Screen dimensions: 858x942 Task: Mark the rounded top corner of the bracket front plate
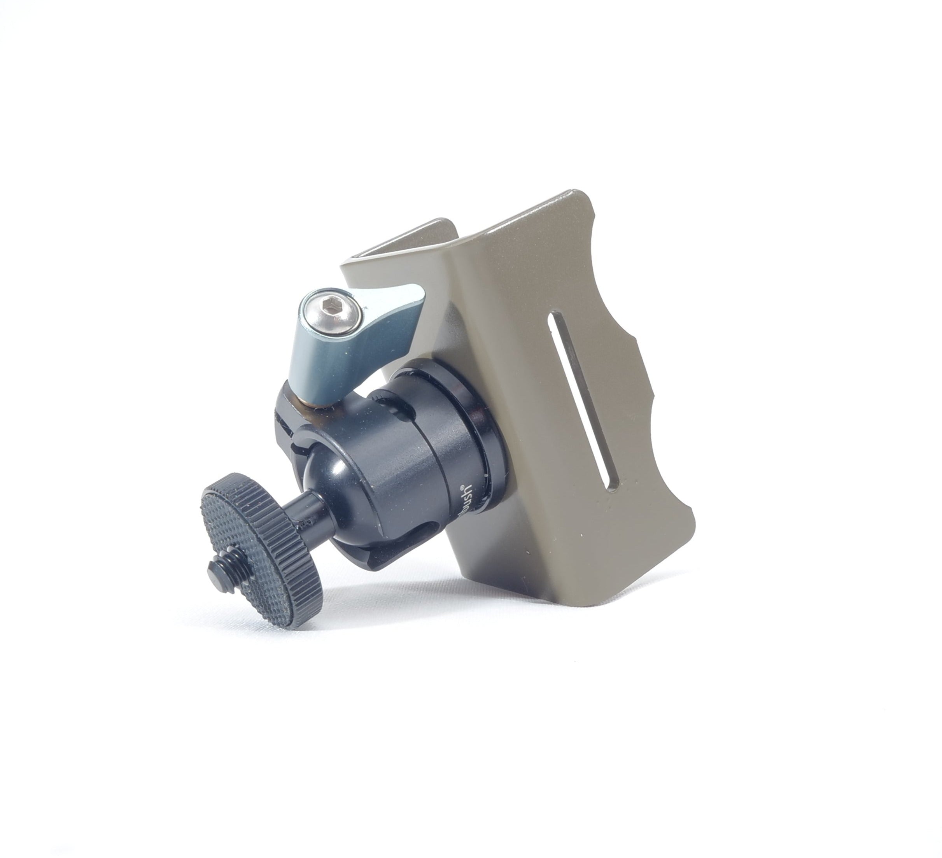tap(582, 194)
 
